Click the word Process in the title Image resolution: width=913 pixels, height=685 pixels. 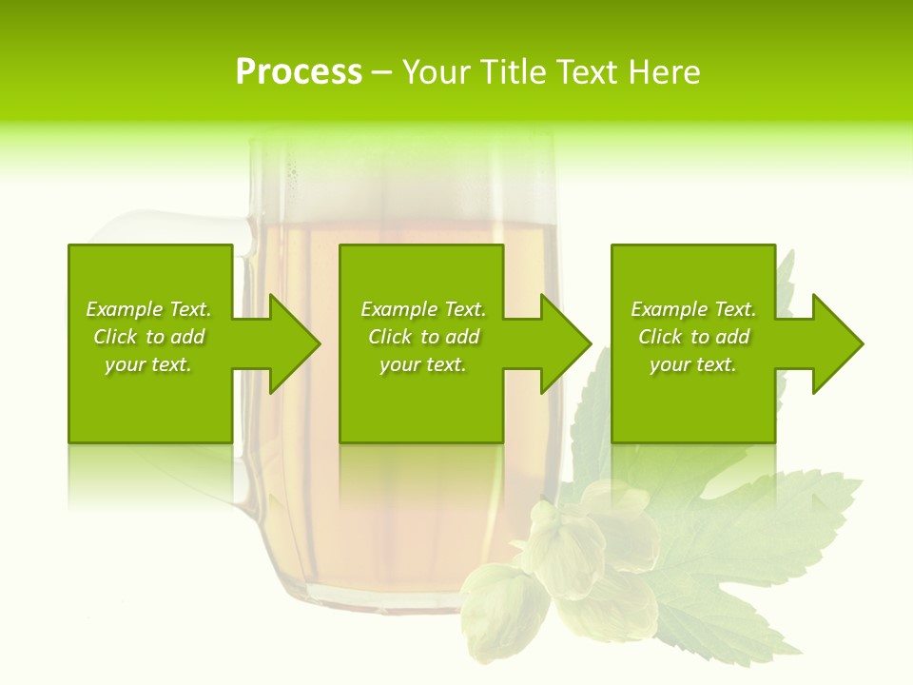(x=299, y=72)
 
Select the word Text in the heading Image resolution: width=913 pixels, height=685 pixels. (x=588, y=72)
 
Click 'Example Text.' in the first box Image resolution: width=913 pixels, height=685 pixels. (x=148, y=309)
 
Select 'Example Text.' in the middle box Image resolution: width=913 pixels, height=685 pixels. (x=423, y=309)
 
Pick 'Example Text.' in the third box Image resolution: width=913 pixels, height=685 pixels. (x=693, y=309)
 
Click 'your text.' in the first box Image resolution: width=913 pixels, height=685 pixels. (x=148, y=364)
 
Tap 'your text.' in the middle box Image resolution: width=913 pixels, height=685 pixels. (x=423, y=364)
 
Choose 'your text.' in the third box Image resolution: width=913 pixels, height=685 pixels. (x=693, y=364)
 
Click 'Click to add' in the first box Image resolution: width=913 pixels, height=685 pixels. (x=148, y=337)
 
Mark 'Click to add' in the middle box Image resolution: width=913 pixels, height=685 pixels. (x=423, y=337)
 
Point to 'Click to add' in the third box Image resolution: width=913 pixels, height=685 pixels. (x=693, y=337)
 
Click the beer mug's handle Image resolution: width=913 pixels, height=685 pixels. (x=143, y=228)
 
